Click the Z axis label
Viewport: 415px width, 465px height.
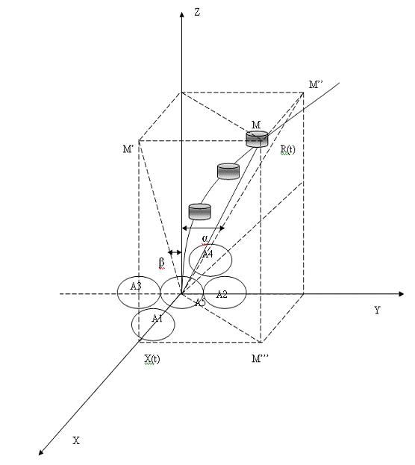point(197,12)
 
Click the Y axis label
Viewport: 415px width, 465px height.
point(377,310)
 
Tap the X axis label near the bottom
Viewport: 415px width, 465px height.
point(76,440)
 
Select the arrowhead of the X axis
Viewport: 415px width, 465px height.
point(41,452)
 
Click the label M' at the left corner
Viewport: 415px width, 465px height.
point(128,149)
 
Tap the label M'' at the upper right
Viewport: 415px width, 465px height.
point(316,85)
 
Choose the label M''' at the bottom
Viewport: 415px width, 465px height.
point(260,358)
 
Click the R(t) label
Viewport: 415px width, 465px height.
point(288,150)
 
